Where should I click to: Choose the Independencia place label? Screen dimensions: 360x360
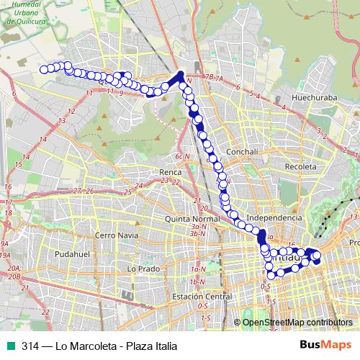(274, 217)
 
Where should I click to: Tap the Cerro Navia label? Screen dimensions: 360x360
(116, 235)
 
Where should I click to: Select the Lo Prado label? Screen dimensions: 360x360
(142, 268)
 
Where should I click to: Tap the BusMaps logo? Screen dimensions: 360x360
(326, 346)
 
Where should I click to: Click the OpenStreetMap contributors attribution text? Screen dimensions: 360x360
(297, 322)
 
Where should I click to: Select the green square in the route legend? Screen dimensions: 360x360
(9, 346)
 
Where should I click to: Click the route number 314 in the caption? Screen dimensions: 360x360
(30, 346)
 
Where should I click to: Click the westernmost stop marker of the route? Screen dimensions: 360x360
(44, 69)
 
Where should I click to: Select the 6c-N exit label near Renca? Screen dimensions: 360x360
(182, 156)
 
